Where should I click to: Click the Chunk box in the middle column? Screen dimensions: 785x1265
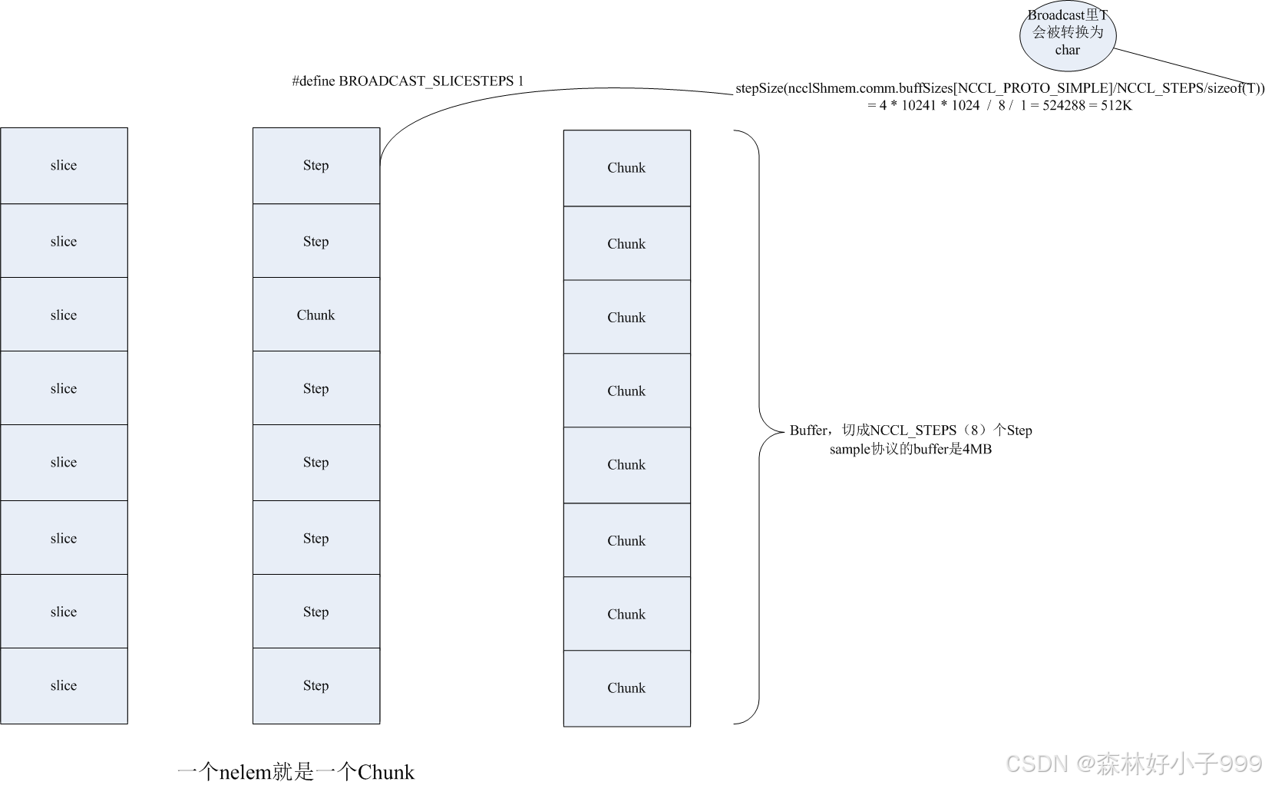[316, 315]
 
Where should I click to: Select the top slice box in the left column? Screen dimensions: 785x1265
[64, 165]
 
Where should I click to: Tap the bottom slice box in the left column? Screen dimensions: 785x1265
[64, 685]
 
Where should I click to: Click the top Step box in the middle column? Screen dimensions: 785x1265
[316, 165]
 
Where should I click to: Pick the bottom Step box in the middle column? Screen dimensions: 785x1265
[316, 685]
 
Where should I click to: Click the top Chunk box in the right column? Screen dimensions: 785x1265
[626, 167]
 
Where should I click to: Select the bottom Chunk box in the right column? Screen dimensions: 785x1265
[626, 688]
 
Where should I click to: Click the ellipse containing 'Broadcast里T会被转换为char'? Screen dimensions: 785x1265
[1067, 35]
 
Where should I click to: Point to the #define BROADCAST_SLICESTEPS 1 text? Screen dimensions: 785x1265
[408, 81]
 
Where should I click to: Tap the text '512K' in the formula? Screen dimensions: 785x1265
[1116, 106]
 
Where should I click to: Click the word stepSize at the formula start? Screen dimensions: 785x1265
[758, 88]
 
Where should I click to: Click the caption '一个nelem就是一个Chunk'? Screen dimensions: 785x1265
[296, 771]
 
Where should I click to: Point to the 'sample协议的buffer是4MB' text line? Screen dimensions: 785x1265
[910, 450]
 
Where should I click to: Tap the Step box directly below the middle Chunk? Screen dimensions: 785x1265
[316, 388]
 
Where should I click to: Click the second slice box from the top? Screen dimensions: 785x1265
[64, 241]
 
